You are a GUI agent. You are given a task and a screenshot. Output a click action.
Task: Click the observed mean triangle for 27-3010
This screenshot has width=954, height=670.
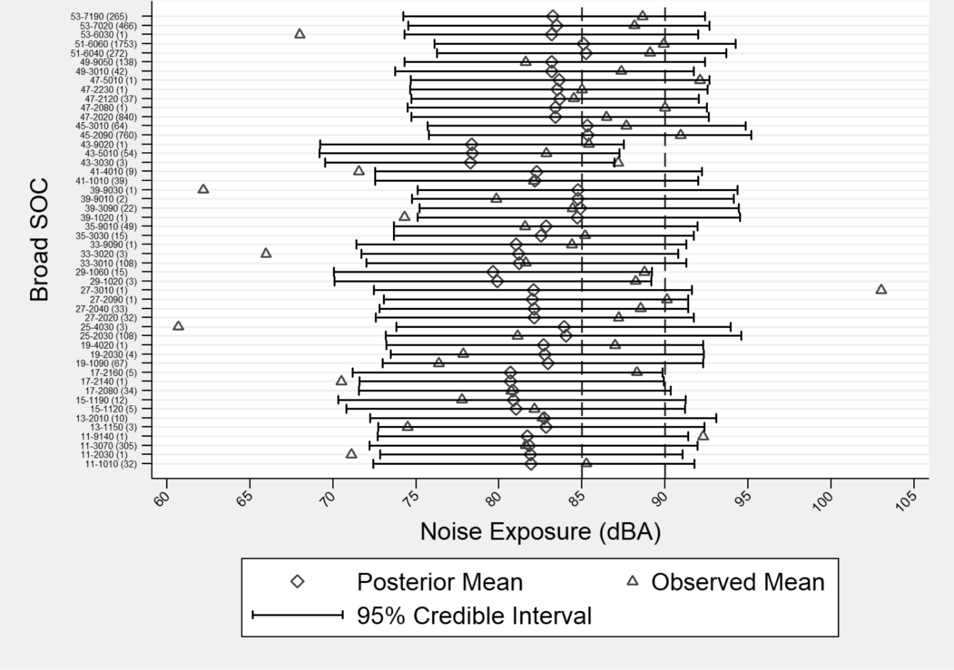tap(881, 290)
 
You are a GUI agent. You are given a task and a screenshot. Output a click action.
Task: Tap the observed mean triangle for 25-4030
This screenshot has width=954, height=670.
tap(179, 326)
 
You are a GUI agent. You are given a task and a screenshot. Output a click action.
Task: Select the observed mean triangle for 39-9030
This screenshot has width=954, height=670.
tap(203, 189)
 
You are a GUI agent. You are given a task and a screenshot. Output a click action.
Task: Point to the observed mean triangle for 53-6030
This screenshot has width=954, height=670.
tap(300, 34)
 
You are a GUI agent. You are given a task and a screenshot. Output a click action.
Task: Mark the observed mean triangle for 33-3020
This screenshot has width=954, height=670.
tap(266, 253)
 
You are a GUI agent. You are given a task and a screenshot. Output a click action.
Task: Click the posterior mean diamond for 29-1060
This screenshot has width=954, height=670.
tap(493, 272)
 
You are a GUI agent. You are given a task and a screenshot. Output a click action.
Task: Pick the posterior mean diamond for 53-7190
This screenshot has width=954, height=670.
tap(553, 16)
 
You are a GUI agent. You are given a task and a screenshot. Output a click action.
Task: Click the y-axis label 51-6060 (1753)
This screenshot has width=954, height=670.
tap(106, 44)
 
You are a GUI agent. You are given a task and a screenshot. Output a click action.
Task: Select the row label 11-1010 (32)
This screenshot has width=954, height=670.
tap(111, 464)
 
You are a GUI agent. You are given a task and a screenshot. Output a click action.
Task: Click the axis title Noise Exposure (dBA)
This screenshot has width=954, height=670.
tap(540, 531)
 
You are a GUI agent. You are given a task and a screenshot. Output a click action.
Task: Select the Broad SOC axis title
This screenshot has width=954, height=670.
tap(39, 239)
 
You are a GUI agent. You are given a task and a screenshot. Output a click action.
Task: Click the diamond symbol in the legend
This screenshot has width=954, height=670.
tap(297, 581)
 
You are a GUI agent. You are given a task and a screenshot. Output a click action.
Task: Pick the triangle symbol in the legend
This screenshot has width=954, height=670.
tap(633, 581)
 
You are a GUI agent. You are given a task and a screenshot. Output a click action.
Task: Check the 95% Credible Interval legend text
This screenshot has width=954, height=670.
tap(474, 615)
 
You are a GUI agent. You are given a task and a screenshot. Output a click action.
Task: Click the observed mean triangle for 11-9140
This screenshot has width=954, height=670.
tap(703, 436)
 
